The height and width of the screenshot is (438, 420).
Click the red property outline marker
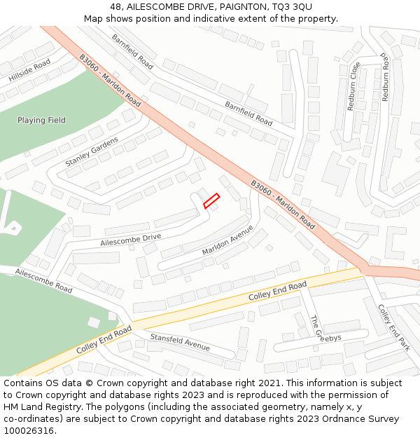(x=211, y=200)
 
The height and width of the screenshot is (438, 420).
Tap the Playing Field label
(x=41, y=121)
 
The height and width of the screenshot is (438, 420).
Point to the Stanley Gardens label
(x=92, y=151)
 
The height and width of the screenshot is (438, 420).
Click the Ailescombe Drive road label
(x=131, y=240)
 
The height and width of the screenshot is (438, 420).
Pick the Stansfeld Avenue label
(x=180, y=343)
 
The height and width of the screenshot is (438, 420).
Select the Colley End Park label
(x=393, y=327)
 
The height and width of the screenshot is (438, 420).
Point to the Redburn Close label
(x=353, y=86)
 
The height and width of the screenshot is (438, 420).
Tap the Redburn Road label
(x=385, y=76)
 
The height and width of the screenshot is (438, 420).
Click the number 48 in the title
(x=115, y=7)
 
